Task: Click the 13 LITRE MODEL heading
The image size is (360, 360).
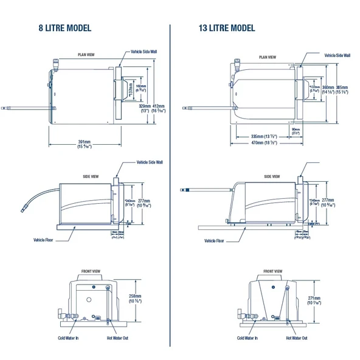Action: click(x=226, y=28)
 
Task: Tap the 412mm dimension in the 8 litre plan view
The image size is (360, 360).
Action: click(x=157, y=105)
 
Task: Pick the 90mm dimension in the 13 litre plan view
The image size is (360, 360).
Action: click(x=296, y=129)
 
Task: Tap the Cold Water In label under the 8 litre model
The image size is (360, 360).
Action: click(x=68, y=338)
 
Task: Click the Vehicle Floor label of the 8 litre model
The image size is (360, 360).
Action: click(x=44, y=240)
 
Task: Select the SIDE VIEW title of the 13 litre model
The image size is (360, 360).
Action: click(x=272, y=176)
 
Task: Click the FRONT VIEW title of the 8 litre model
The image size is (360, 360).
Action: click(x=91, y=271)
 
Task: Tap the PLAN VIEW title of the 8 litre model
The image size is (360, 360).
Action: click(x=86, y=55)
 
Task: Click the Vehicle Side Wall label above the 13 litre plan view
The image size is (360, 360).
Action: click(x=337, y=55)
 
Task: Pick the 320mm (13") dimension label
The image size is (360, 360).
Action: click(x=145, y=108)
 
